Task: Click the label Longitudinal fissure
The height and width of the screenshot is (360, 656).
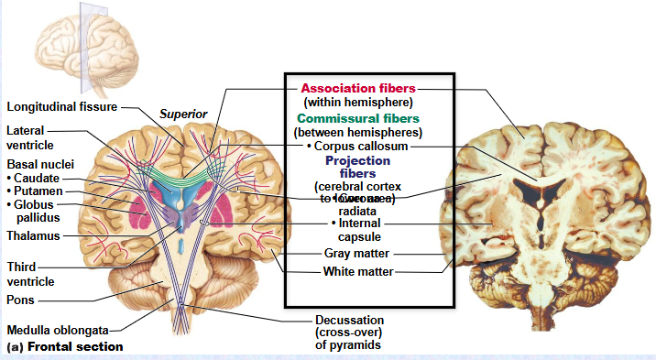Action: point(60,106)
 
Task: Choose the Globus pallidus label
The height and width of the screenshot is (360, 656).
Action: point(38,211)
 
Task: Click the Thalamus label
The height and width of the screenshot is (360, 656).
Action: point(33,235)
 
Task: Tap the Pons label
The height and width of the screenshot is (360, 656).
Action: point(20,299)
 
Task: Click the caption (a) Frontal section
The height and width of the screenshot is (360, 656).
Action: point(64,347)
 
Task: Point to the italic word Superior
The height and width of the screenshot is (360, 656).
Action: point(184,114)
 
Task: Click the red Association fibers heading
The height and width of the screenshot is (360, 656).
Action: point(358,88)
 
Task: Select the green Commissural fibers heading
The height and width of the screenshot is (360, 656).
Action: point(358,118)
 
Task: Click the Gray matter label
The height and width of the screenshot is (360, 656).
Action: point(358,254)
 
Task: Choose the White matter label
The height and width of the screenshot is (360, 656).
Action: point(358,272)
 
